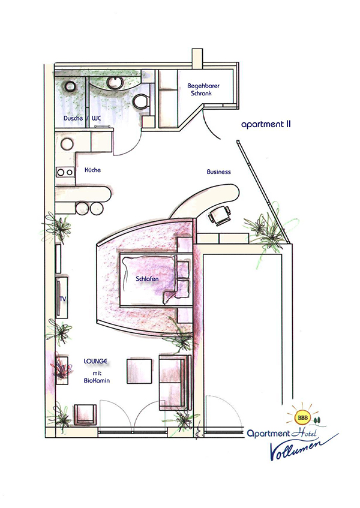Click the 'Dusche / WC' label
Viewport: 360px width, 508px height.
point(82,119)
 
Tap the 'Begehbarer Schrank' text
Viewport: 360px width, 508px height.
point(203,91)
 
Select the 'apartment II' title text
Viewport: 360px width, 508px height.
point(266,126)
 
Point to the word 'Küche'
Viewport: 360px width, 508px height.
point(92,170)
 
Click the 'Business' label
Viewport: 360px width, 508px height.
point(218,172)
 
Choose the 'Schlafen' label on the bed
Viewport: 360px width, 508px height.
point(147,279)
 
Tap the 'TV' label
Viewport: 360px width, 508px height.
point(61,298)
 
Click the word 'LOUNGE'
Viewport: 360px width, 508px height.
point(95,361)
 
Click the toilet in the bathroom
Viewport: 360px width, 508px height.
point(142,101)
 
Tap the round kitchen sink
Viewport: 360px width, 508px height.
point(66,144)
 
